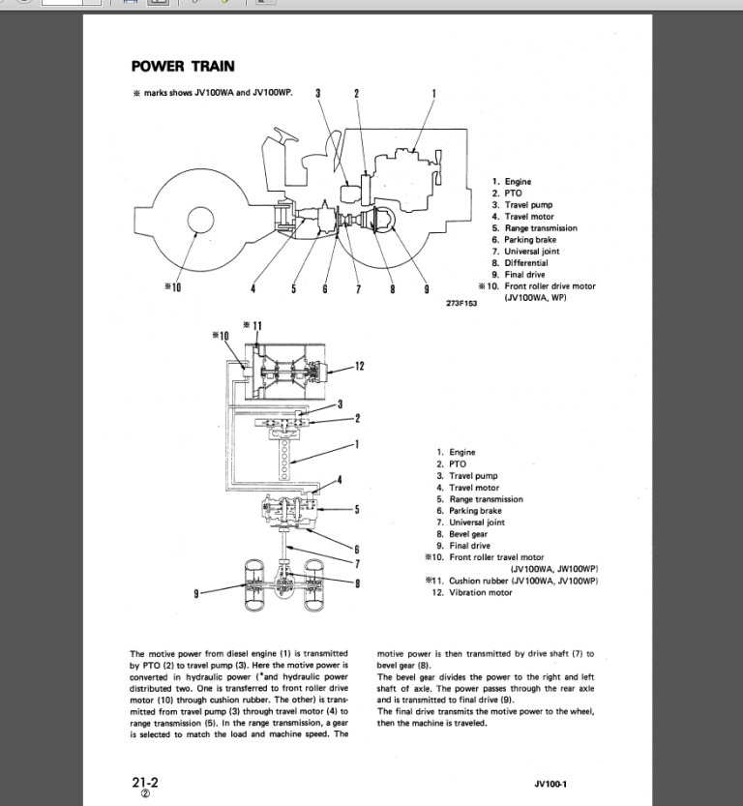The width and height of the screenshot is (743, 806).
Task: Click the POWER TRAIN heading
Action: coord(182,67)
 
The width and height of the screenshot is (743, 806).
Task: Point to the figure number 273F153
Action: coord(464,302)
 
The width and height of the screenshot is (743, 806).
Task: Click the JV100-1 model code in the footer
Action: coord(550,784)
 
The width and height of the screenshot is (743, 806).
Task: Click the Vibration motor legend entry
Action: coord(481,592)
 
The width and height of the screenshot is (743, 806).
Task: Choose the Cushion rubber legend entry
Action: coord(522,581)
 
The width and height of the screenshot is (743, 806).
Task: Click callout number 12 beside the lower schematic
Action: coord(359,366)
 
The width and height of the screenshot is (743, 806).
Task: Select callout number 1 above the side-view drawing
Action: coord(432,94)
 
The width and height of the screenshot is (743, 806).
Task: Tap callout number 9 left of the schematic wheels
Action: coord(196,593)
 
